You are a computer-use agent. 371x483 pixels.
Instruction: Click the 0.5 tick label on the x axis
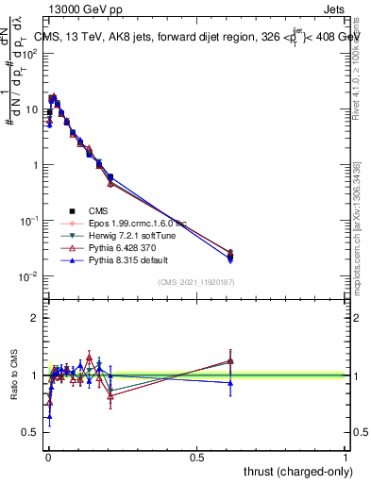tap(196, 458)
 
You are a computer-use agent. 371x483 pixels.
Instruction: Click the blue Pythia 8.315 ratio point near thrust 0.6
tap(231, 382)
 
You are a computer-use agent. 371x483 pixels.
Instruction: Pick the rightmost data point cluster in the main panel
tap(231, 255)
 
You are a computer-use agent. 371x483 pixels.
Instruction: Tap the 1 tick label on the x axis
tap(346, 458)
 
